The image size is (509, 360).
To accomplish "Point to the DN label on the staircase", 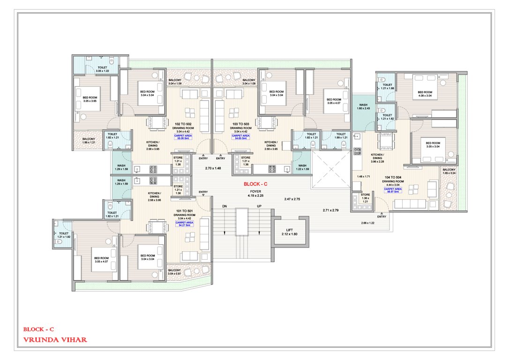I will point(225,207).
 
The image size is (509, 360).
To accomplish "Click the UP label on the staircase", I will point(259,207).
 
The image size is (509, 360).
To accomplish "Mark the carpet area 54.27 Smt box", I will point(183,225).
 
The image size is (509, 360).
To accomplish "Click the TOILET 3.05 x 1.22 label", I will point(102,68).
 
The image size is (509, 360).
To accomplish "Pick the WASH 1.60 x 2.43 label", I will point(363,107).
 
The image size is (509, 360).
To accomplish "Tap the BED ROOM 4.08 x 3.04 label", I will point(425,94).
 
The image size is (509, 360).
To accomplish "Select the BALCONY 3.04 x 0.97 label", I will point(174,272).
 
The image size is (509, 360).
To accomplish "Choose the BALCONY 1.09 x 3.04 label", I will point(449,172).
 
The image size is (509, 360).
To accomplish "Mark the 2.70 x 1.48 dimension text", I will point(212,167).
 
